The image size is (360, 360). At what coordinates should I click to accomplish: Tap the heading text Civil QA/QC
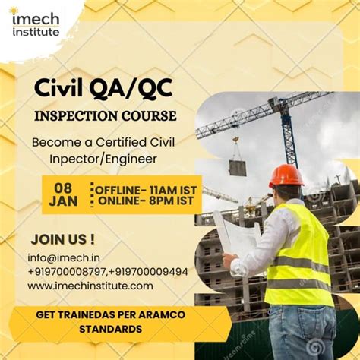click(x=103, y=89)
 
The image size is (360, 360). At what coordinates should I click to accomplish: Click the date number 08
click(x=62, y=188)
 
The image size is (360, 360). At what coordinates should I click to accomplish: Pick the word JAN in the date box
click(x=62, y=201)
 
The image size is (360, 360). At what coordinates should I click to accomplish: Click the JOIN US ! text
click(x=62, y=238)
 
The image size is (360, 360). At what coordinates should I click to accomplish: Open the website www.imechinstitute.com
click(x=90, y=286)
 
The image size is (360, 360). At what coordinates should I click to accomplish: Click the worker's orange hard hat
click(x=286, y=175)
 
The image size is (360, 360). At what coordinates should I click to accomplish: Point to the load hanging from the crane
click(x=238, y=167)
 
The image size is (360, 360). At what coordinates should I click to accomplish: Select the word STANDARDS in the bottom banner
click(x=110, y=330)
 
